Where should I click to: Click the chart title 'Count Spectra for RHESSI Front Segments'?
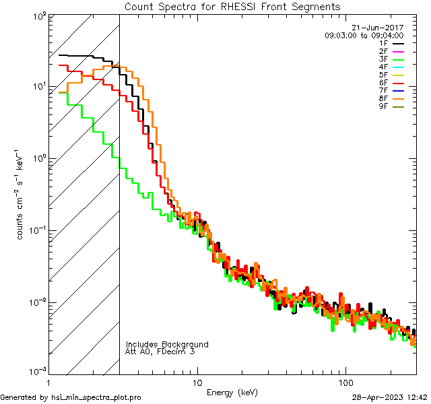[232, 6]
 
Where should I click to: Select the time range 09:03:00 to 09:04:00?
[364, 35]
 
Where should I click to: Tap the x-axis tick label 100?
[345, 382]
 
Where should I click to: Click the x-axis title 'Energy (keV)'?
[232, 392]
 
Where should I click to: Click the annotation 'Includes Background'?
[167, 344]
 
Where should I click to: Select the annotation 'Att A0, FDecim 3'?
[160, 351]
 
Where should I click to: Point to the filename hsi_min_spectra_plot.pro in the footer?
[96, 398]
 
